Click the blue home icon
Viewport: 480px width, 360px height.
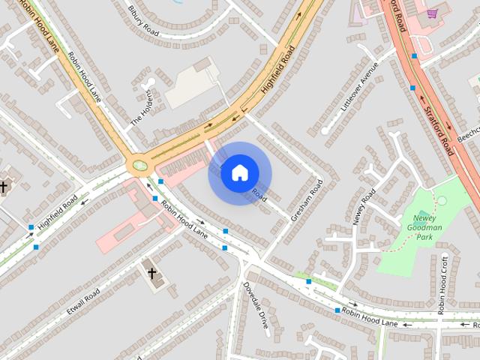coord(239,173)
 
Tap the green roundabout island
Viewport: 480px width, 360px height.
coord(139,165)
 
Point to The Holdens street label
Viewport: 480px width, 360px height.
coord(142,108)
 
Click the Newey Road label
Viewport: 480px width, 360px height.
coord(364,208)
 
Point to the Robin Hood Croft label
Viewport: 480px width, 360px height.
coord(443,284)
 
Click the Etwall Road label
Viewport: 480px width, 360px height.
coord(82,300)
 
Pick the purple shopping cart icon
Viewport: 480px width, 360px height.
coord(432,13)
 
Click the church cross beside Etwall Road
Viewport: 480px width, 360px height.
coord(152,274)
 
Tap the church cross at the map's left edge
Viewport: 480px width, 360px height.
coord(4,186)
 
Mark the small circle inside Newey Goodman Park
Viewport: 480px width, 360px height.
coord(442,200)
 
